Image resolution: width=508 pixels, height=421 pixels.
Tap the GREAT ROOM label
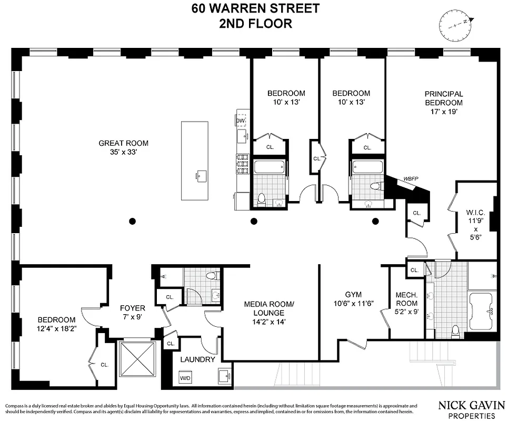(x=124, y=143)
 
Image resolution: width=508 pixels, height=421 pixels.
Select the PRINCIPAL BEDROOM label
(x=443, y=98)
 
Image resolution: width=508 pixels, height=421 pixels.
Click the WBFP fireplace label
(x=411, y=179)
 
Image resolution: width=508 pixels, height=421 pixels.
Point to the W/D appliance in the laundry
(x=185, y=378)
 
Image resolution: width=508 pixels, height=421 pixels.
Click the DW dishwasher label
(x=241, y=121)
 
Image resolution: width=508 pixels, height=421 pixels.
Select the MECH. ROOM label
(x=406, y=299)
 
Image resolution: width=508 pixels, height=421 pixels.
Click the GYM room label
(x=354, y=295)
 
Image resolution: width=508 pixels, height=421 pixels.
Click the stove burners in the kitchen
(x=243, y=163)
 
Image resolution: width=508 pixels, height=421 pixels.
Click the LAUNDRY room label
(x=197, y=359)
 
